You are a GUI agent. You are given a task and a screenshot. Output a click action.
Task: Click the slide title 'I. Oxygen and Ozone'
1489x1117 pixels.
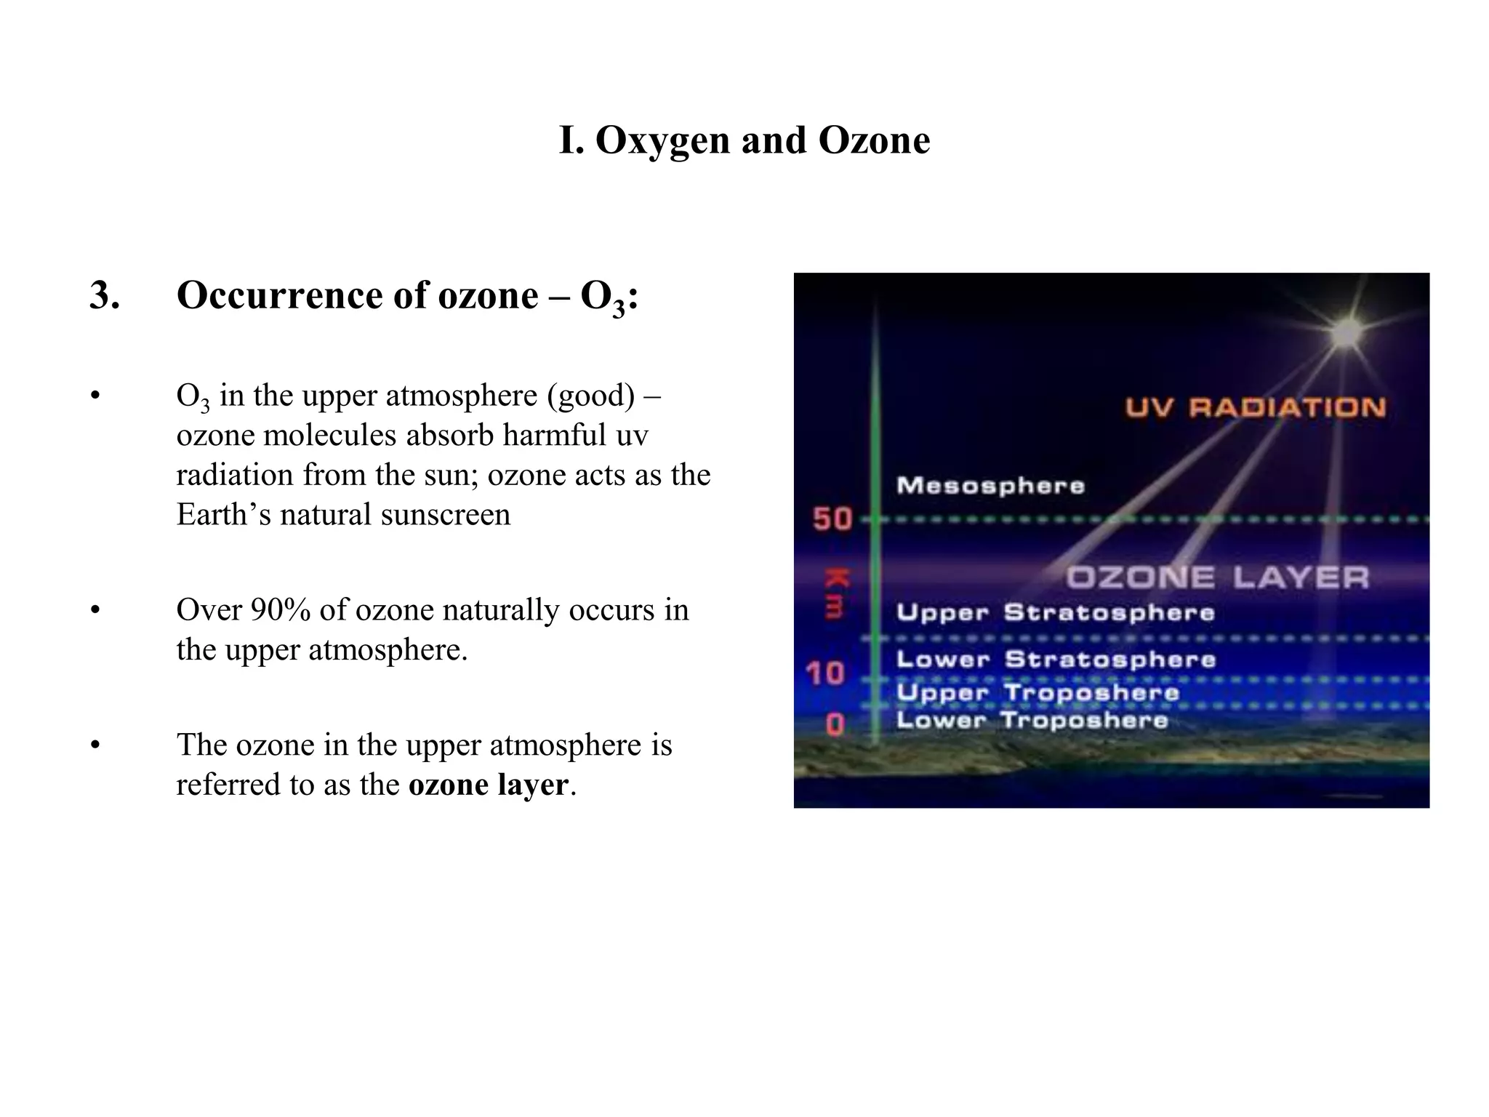pyautogui.click(x=744, y=140)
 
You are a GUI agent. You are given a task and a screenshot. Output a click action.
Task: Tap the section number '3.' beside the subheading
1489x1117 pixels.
pyautogui.click(x=105, y=296)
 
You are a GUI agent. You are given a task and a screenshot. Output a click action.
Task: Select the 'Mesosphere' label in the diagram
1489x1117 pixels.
pyautogui.click(x=990, y=485)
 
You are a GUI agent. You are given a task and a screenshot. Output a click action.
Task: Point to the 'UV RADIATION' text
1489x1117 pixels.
pyautogui.click(x=1256, y=407)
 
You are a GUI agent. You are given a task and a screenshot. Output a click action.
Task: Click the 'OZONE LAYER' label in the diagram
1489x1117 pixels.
pyautogui.click(x=1217, y=578)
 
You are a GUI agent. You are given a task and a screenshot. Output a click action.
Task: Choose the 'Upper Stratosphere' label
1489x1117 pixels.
pyautogui.click(x=1055, y=612)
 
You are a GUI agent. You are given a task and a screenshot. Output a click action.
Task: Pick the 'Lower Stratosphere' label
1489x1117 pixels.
pyautogui.click(x=1056, y=660)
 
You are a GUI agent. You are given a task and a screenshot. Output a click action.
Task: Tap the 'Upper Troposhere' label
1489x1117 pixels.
pyautogui.click(x=1037, y=692)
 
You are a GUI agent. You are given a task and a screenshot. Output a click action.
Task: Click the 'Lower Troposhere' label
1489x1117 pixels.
pyautogui.click(x=1032, y=721)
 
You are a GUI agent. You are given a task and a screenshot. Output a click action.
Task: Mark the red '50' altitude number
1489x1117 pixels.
pyautogui.click(x=832, y=519)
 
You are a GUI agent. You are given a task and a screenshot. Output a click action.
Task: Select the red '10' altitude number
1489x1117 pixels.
pyautogui.click(x=826, y=673)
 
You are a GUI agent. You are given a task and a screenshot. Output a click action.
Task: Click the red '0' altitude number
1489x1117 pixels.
pyautogui.click(x=835, y=724)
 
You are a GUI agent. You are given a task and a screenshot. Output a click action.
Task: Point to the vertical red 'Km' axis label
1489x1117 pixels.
pyautogui.click(x=835, y=593)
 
